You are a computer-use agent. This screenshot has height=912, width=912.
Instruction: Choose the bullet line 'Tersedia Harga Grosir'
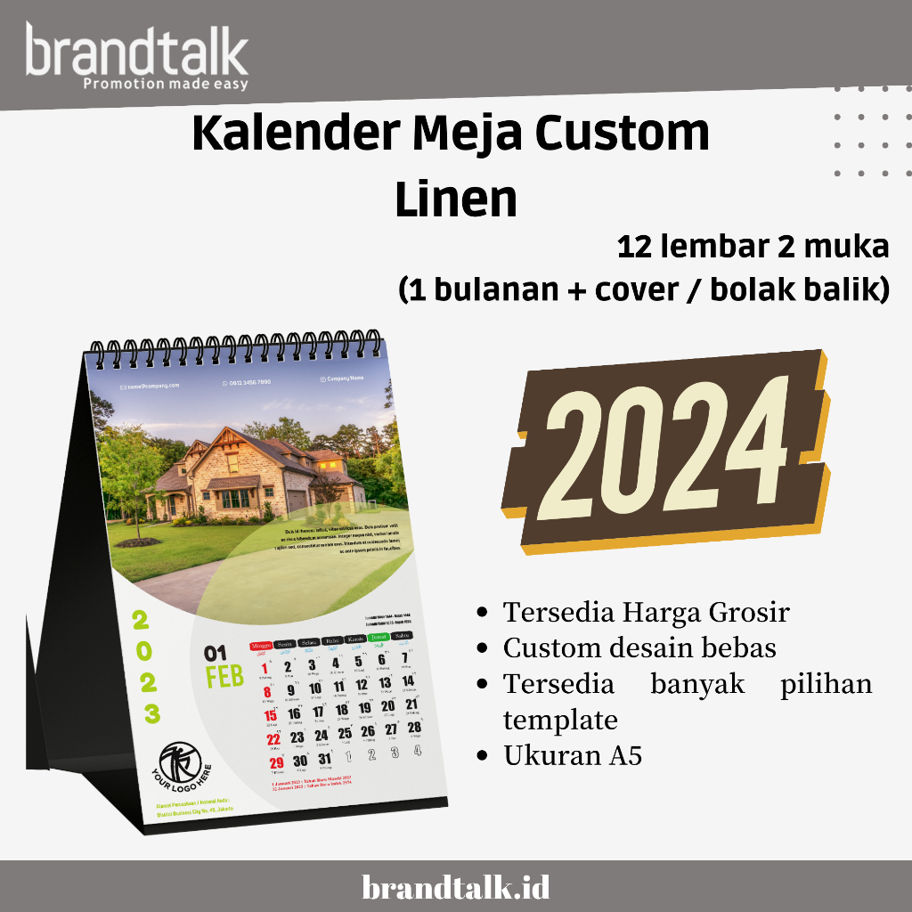646,613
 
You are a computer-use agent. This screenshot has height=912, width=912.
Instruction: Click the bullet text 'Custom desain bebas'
639,647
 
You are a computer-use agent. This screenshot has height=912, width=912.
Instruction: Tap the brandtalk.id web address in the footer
456,887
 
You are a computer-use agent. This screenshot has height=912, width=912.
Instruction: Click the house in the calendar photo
258,476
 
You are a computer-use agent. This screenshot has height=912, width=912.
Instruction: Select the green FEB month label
224,678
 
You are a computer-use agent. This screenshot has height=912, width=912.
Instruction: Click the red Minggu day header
261,644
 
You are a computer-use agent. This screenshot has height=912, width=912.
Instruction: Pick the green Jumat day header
379,637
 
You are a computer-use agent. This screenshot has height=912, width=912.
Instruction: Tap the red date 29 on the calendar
277,762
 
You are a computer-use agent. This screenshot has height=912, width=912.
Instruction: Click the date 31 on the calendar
324,759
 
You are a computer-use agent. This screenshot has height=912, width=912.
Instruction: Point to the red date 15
271,715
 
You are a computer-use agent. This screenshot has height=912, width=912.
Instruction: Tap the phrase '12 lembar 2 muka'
753,247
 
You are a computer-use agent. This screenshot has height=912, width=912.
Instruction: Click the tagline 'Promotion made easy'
165,85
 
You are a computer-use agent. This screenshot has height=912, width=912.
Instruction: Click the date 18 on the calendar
341,709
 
